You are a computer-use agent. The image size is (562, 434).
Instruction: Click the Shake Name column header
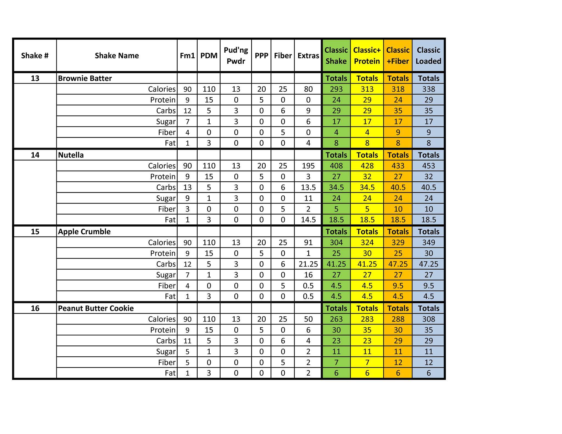[117, 56]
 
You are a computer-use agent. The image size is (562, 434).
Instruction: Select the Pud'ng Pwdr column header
[236, 56]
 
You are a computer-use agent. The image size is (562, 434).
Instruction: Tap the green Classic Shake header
[336, 56]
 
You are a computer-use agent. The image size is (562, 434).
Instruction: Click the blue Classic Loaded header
[428, 56]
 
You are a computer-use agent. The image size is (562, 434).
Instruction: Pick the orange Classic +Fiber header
[398, 56]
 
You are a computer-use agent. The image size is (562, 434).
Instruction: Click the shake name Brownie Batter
[85, 78]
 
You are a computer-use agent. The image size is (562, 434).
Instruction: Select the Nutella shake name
[71, 155]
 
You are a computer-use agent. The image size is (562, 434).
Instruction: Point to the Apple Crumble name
[84, 232]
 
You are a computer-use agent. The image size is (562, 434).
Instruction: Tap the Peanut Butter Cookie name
[96, 308]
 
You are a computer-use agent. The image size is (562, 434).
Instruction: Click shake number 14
[35, 155]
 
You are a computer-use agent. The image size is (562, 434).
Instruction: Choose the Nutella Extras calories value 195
[308, 166]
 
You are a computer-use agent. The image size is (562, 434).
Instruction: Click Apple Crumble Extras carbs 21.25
[308, 264]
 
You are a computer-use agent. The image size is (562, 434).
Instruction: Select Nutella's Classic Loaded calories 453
[428, 166]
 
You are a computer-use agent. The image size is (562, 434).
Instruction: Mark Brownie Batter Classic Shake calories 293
[336, 89]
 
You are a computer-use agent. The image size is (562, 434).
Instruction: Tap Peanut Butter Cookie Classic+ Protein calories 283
[367, 319]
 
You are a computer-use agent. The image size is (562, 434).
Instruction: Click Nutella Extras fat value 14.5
[308, 220]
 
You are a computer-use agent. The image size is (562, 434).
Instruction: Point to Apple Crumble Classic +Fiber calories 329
[398, 243]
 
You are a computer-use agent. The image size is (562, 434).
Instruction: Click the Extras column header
[308, 56]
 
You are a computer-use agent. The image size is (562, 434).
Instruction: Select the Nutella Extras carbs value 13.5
[308, 187]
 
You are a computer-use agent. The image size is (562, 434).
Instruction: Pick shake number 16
[35, 308]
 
